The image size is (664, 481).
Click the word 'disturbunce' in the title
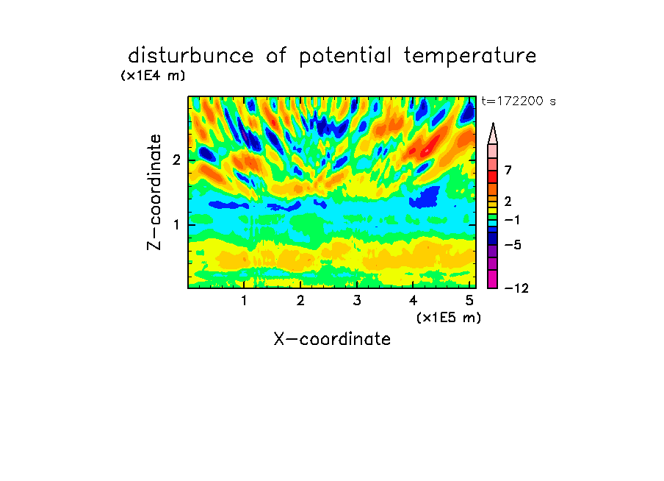(190, 55)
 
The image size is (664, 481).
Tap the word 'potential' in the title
(345, 57)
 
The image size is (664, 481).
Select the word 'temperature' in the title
(470, 57)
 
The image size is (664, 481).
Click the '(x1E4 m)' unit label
(153, 76)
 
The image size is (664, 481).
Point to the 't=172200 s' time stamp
(519, 101)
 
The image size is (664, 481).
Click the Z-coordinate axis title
(154, 192)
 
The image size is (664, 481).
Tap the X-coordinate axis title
(332, 339)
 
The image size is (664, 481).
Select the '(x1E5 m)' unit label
(449, 318)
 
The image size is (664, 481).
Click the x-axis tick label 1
(245, 301)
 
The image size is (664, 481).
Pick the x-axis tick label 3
(357, 301)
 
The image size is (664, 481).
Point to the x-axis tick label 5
(469, 301)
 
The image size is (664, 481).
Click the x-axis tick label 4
(414, 301)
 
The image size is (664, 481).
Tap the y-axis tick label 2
(176, 160)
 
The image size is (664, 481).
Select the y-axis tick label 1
(176, 225)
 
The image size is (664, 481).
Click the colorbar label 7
(508, 171)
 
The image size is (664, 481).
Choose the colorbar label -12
(516, 288)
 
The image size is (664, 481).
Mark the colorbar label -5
(513, 245)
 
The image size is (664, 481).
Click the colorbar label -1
(513, 220)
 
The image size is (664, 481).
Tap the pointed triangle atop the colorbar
(493, 133)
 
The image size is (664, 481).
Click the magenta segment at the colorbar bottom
(493, 279)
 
